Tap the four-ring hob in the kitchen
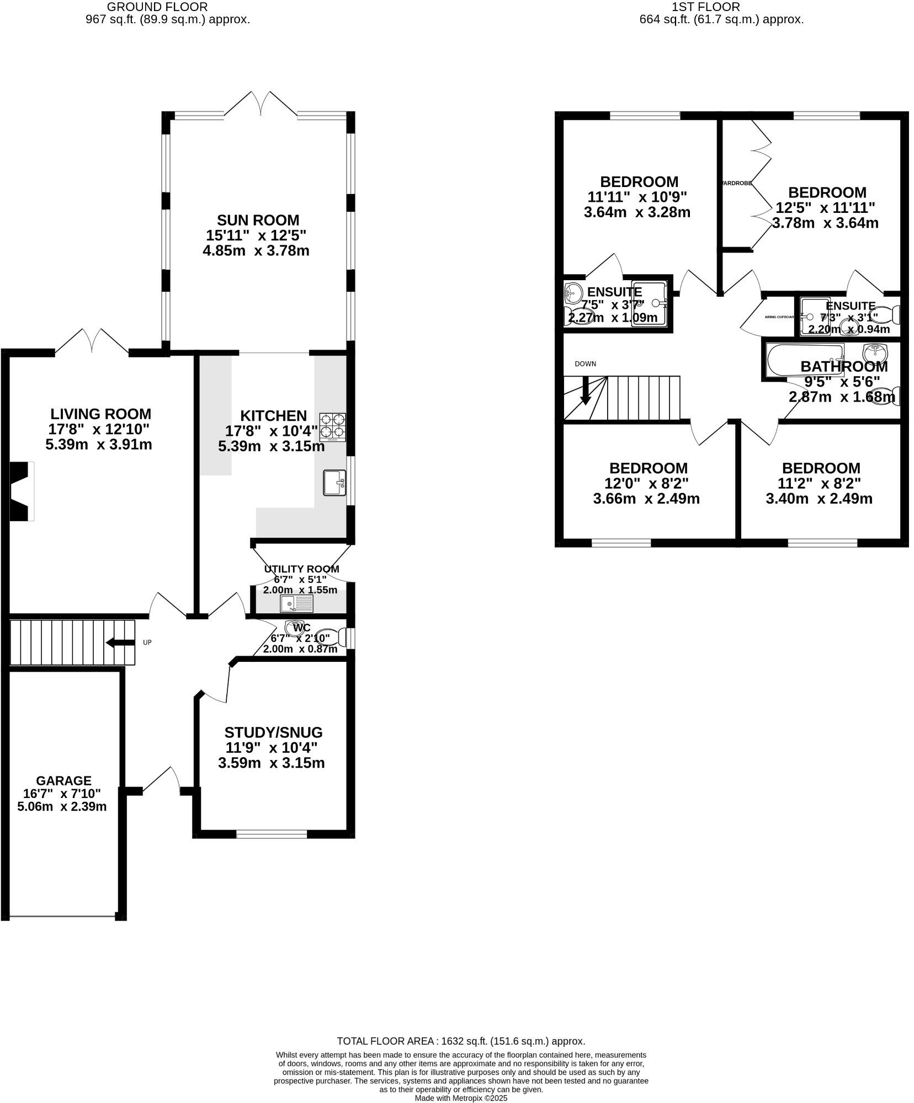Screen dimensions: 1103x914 (x=333, y=427)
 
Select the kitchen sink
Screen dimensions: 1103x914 (x=334, y=483)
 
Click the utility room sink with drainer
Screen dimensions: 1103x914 (x=296, y=603)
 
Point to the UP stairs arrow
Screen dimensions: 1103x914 (x=120, y=642)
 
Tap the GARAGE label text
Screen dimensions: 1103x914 (x=63, y=780)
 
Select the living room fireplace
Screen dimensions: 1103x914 (x=22, y=491)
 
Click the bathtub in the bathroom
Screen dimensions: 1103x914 (x=805, y=361)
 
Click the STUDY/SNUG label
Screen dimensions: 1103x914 (x=273, y=732)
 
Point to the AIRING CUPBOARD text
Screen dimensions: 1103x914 (x=779, y=317)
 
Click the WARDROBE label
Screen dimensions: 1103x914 (x=737, y=183)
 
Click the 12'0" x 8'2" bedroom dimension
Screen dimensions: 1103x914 (x=646, y=483)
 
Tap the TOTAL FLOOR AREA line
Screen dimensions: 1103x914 (x=461, y=1041)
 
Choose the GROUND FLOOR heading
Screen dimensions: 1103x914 (x=157, y=7)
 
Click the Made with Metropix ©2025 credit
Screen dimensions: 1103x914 (x=461, y=1098)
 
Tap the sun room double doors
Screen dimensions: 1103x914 (x=261, y=105)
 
